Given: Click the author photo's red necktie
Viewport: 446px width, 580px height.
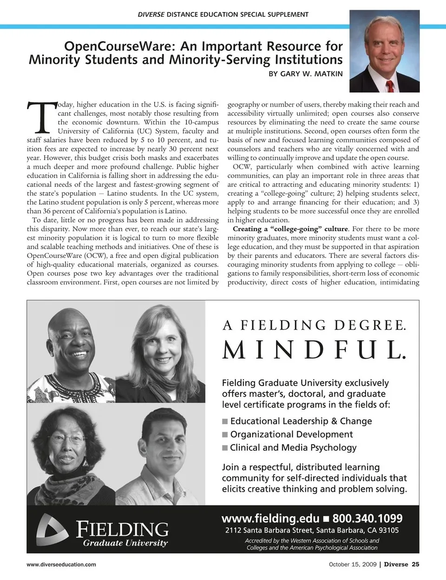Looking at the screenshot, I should point(390,86).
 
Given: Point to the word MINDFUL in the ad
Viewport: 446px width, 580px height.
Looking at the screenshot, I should point(315,350).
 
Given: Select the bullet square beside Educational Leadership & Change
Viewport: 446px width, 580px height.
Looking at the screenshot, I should point(225,421).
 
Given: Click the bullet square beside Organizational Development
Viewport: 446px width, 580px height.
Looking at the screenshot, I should point(225,434).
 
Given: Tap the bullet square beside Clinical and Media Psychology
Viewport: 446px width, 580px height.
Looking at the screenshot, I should point(225,448).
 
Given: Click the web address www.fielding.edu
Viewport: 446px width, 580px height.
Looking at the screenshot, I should point(270,518).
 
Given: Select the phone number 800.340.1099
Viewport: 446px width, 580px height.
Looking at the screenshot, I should point(367,518).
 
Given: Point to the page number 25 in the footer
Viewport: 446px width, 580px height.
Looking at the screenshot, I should point(415,565).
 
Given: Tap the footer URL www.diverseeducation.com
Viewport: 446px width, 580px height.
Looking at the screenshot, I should point(61,565).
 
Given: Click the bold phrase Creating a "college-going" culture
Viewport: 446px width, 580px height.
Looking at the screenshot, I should point(290,229).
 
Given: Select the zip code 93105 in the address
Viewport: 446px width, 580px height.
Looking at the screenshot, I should point(387,530).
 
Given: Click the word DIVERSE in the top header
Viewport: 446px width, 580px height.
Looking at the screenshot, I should point(151,14).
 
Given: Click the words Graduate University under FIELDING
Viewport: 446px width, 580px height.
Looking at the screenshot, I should point(125,543).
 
